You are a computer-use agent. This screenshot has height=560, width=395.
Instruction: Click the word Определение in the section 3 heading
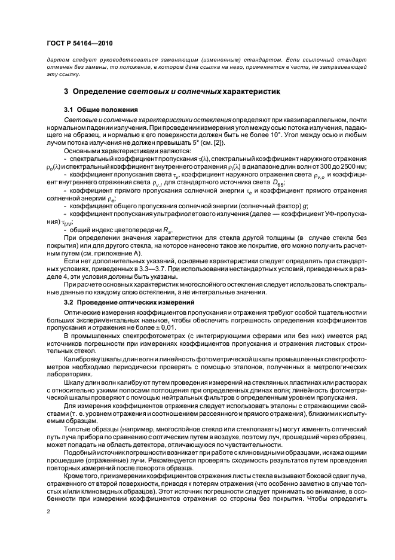(99, 92)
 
